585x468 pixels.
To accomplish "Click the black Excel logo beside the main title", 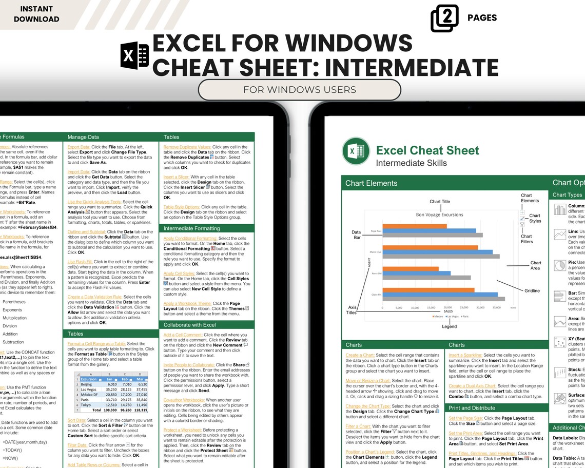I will coord(134,55).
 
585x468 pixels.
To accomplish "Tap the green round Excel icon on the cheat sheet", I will coord(356,151).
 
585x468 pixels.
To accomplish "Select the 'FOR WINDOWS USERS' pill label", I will coord(299,90).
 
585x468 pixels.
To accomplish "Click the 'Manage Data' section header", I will coord(83,137).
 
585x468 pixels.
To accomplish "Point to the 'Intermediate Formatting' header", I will coord(191,228).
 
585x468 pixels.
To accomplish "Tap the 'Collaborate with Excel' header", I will coord(189,325).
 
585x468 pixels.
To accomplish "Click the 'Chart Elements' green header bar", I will coord(371,183).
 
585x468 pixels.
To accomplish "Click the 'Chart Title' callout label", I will coord(439,202).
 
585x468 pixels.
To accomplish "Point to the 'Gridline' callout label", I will coord(532,291).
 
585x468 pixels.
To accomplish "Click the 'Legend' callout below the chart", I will coord(449,326).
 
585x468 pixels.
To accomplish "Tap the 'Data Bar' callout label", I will coord(357,235).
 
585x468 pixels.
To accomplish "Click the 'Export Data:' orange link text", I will coord(79,147).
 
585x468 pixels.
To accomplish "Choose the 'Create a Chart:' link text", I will coord(360,355).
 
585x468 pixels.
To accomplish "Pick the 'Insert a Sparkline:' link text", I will coord(465,355).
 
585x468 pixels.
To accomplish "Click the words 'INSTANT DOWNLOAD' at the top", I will coord(36,14).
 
